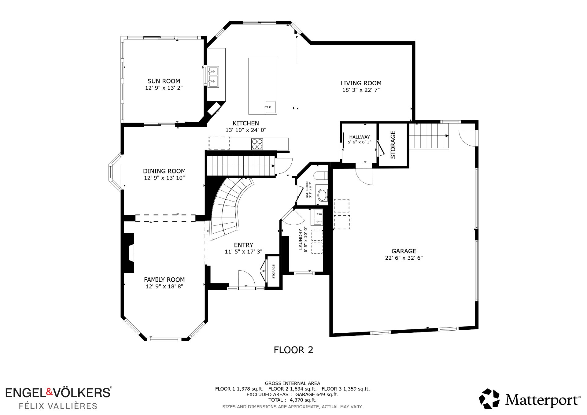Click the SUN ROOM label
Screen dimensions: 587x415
click(x=164, y=81)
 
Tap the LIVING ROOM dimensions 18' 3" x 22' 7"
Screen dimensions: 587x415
click(x=361, y=90)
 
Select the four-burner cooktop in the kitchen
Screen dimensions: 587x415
click(x=257, y=144)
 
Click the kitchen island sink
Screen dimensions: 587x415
click(x=270, y=107)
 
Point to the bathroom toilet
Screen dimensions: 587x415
click(x=321, y=176)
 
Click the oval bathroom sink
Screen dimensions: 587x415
click(x=322, y=195)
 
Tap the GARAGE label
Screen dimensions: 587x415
click(x=404, y=251)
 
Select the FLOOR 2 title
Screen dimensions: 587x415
click(x=293, y=350)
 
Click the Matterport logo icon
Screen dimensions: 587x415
click(x=489, y=398)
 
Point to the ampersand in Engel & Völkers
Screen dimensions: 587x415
click(x=49, y=392)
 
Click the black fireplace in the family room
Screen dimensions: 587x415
click(x=129, y=253)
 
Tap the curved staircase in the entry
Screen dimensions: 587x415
click(x=229, y=208)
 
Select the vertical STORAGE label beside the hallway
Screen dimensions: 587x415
click(x=393, y=145)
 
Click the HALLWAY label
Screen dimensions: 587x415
click(x=360, y=137)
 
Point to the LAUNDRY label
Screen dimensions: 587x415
click(x=300, y=239)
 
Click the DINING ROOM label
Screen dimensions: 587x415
click(x=164, y=171)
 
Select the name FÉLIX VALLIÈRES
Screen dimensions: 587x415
click(x=58, y=406)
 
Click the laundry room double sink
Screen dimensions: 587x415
click(x=317, y=217)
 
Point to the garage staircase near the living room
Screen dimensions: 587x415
click(x=429, y=136)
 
